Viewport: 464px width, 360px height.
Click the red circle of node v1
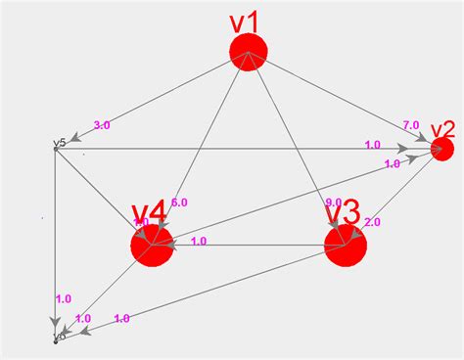coord(249,52)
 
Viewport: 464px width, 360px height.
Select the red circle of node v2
coord(441,149)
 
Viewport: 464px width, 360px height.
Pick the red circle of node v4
coord(151,246)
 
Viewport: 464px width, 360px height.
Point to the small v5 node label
coord(59,143)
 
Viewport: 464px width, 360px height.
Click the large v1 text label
coord(244,21)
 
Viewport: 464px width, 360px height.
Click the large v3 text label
coord(343,211)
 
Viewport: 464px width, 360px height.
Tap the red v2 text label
coord(442,129)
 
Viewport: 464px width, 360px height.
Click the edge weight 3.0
coord(101,124)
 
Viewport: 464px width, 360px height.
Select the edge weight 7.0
coord(410,125)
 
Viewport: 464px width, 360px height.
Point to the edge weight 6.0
coord(178,202)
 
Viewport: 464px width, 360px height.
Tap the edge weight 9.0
coord(333,202)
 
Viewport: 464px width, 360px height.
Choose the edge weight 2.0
coord(372,222)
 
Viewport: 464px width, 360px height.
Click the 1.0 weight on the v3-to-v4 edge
coord(198,241)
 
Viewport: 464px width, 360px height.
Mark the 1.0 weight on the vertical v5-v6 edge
coord(63,298)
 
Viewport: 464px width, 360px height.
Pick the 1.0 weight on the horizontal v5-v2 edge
coord(372,145)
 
